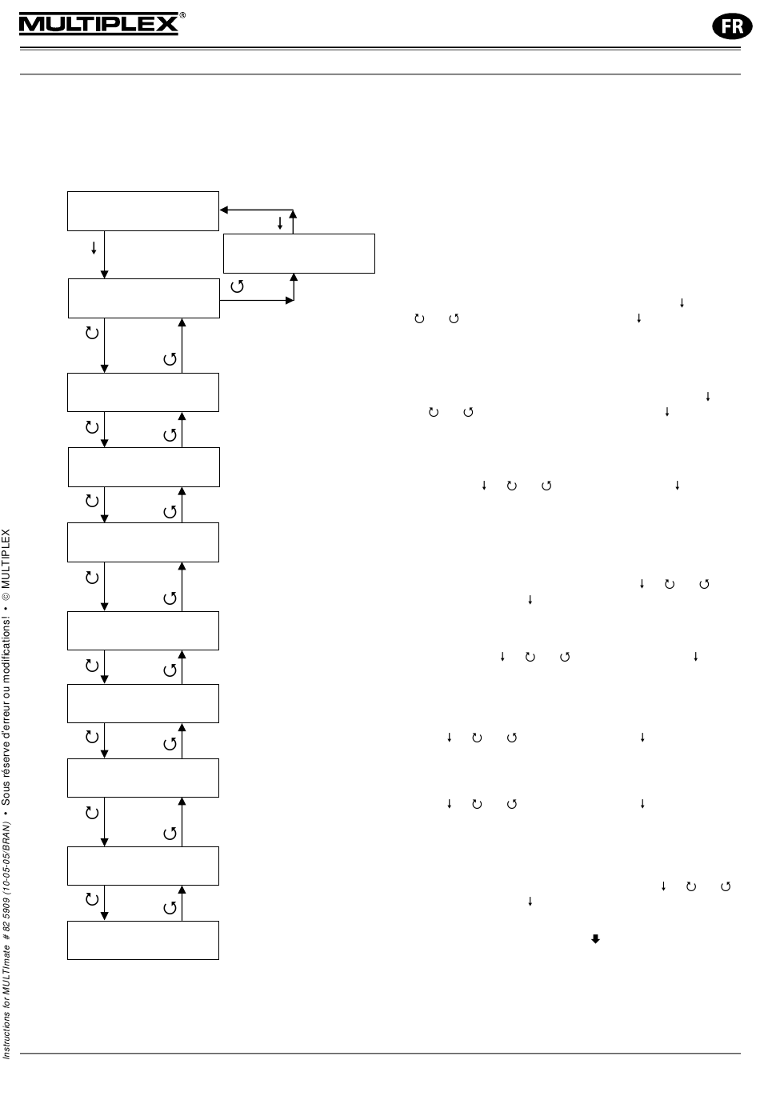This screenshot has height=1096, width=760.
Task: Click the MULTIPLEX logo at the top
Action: [x=98, y=24]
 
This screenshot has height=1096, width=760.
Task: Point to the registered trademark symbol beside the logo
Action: [x=183, y=15]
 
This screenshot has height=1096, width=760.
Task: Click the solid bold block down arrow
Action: [x=595, y=938]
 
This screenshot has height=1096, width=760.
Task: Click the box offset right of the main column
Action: [x=299, y=254]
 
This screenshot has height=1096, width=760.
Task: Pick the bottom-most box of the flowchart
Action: [x=143, y=940]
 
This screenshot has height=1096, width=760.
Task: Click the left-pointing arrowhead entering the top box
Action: [x=224, y=210]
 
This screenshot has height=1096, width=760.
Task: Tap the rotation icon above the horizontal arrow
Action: [x=237, y=286]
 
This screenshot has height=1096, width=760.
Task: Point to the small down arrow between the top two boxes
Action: [x=94, y=249]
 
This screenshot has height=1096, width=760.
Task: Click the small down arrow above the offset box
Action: [x=279, y=222]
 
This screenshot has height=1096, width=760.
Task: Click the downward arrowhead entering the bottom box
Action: [x=105, y=917]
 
